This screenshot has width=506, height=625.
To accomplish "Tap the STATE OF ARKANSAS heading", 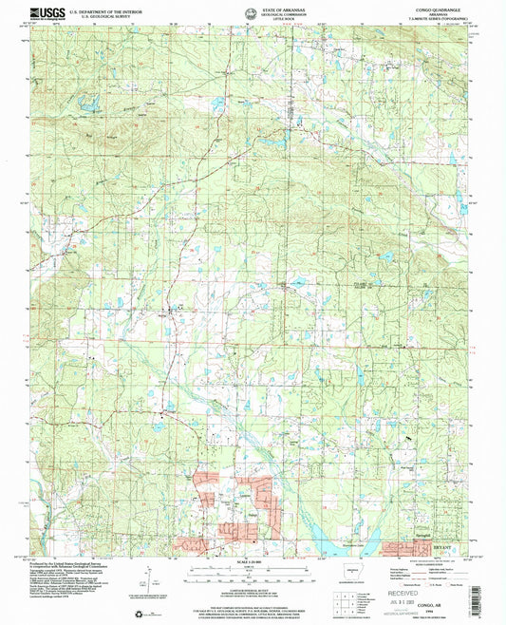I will [253, 8].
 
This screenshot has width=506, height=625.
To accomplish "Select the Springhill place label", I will [426, 539].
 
